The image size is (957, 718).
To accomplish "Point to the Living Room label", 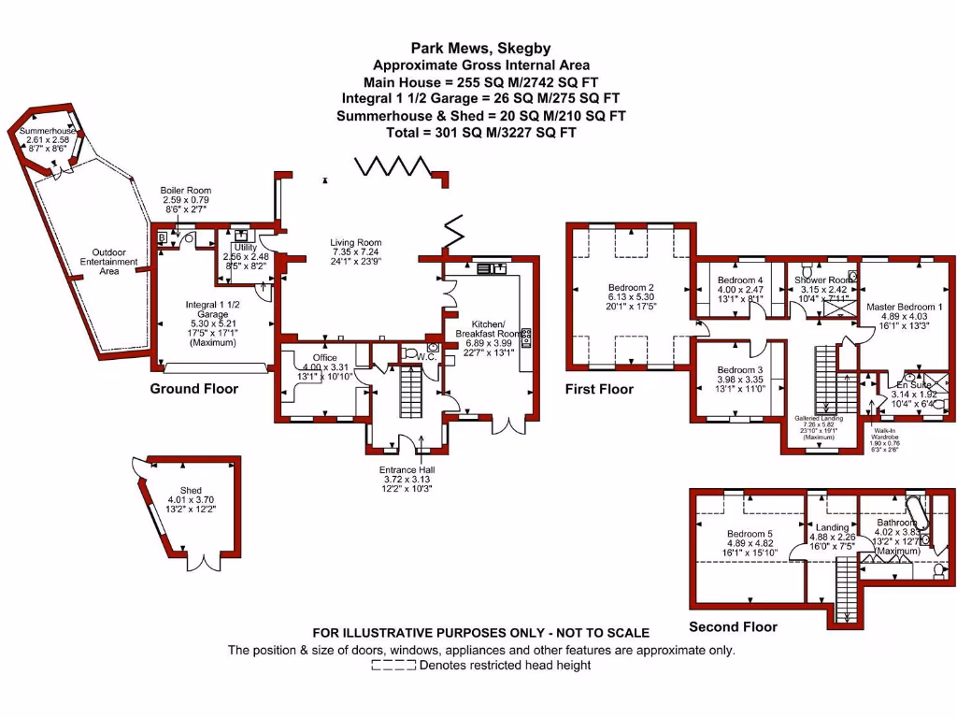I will tap(355, 243).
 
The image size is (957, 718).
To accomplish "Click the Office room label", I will tap(324, 357).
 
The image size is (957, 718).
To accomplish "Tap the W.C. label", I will tap(428, 356).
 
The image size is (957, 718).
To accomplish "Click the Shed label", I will tap(191, 490).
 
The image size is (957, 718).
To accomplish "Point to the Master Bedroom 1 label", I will tap(904, 306).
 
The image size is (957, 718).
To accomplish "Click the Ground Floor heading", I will tap(194, 389).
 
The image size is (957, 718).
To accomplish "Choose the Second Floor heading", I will tap(733, 626).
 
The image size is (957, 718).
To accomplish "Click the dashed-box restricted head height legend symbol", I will tap(393, 666).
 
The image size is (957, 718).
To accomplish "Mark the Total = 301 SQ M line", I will tap(480, 133).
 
